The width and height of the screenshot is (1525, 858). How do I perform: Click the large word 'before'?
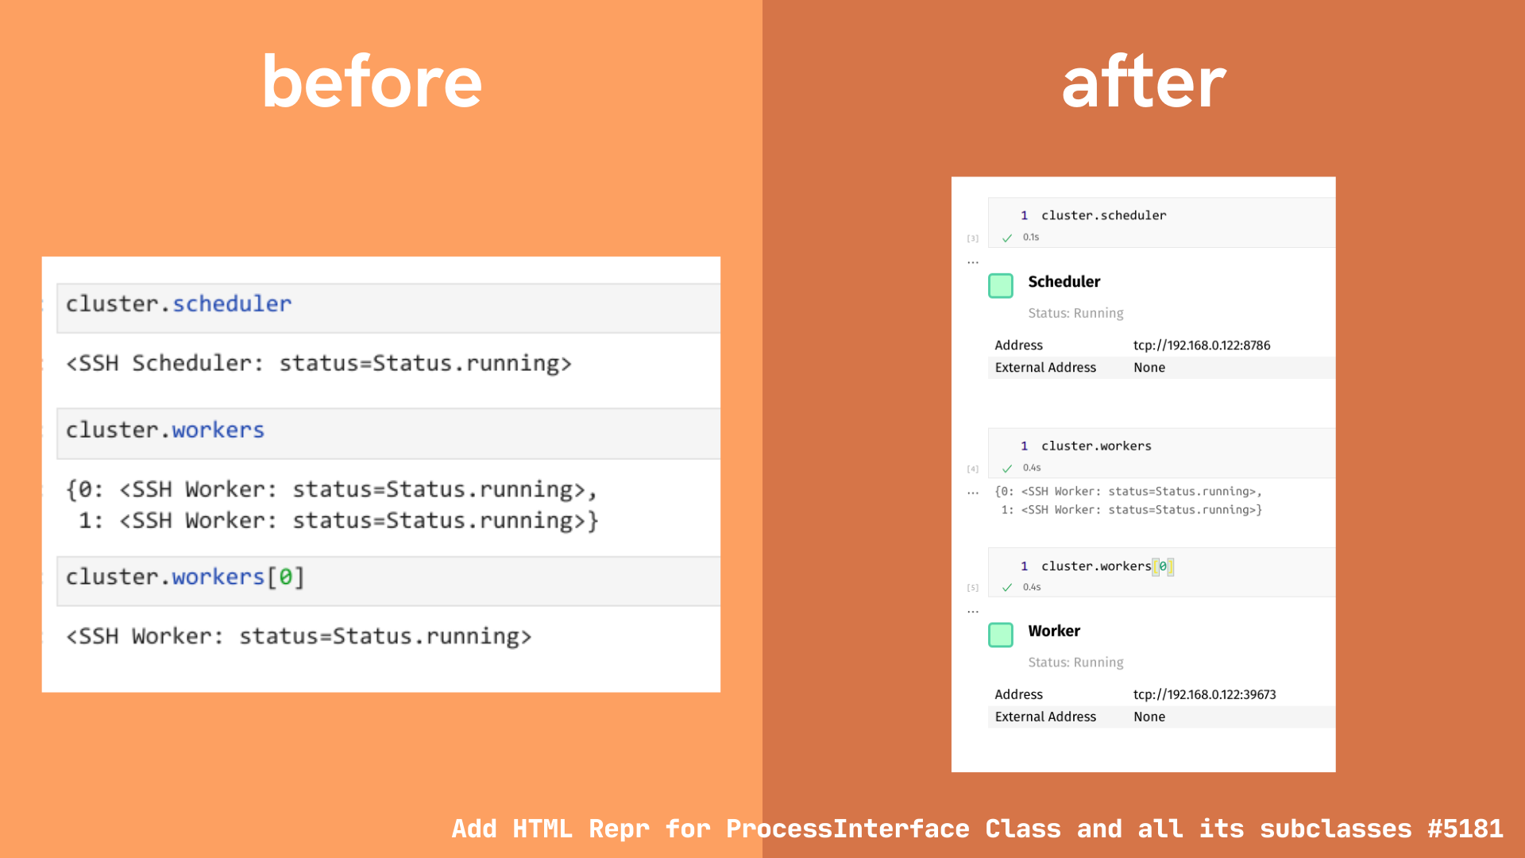pyautogui.click(x=372, y=83)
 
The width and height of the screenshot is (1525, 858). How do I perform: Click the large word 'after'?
pyautogui.click(x=1144, y=83)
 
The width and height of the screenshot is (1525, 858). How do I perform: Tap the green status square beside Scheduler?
pyautogui.click(x=1001, y=286)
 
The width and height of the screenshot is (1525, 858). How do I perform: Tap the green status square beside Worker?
pyautogui.click(x=1001, y=635)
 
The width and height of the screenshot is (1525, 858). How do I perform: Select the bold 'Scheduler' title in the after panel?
pyautogui.click(x=1064, y=282)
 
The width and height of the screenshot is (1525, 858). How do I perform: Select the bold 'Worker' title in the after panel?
pyautogui.click(x=1054, y=631)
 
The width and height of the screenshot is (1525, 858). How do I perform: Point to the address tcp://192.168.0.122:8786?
pyautogui.click(x=1201, y=346)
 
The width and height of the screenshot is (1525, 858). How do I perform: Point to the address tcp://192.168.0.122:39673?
pyautogui.click(x=1204, y=694)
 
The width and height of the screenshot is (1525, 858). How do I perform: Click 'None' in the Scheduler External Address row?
pyautogui.click(x=1149, y=368)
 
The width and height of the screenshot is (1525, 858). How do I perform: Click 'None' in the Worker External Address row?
pyautogui.click(x=1149, y=717)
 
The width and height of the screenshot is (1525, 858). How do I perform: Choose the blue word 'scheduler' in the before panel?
pyautogui.click(x=232, y=304)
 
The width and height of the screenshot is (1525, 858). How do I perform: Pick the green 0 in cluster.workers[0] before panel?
pyautogui.click(x=285, y=577)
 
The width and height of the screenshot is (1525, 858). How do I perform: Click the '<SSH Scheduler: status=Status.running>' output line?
pyautogui.click(x=319, y=364)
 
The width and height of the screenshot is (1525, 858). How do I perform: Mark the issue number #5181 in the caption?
pyautogui.click(x=1465, y=829)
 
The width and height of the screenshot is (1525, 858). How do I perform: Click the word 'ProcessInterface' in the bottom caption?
pyautogui.click(x=847, y=829)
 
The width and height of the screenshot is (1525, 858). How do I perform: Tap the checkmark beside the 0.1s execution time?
pyautogui.click(x=1007, y=238)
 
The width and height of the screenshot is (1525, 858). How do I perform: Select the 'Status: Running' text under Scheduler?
pyautogui.click(x=1075, y=313)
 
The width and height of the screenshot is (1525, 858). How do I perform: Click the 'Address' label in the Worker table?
pyautogui.click(x=1018, y=694)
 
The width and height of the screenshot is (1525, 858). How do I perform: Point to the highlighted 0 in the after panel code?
pyautogui.click(x=1163, y=566)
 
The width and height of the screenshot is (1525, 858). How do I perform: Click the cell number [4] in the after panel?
pyautogui.click(x=973, y=470)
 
